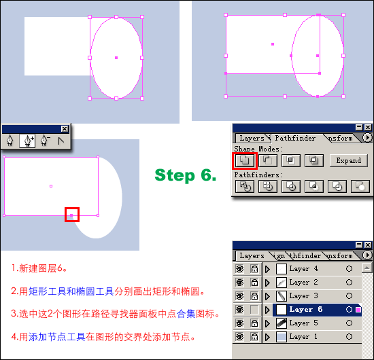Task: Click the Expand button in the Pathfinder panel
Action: [x=348, y=160]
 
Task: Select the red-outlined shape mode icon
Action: [x=245, y=160]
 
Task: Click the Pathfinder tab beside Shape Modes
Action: [x=295, y=138]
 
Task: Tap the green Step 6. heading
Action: [x=186, y=175]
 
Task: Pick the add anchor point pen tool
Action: [x=27, y=141]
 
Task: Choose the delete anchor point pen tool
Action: [x=45, y=141]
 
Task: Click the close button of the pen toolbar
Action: [x=65, y=129]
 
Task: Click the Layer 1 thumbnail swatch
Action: [x=282, y=337]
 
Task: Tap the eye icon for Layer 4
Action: [x=240, y=269]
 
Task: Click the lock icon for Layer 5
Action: [x=254, y=323]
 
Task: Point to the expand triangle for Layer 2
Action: [x=268, y=283]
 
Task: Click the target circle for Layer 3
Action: [x=349, y=296]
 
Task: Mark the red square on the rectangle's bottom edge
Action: [x=72, y=215]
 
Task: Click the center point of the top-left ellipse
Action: [x=116, y=58]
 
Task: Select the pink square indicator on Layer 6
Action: [x=358, y=310]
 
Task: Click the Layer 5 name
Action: [x=303, y=323]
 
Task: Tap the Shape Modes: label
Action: [x=258, y=149]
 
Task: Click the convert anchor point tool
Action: [x=61, y=141]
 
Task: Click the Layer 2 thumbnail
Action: [x=282, y=283]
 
